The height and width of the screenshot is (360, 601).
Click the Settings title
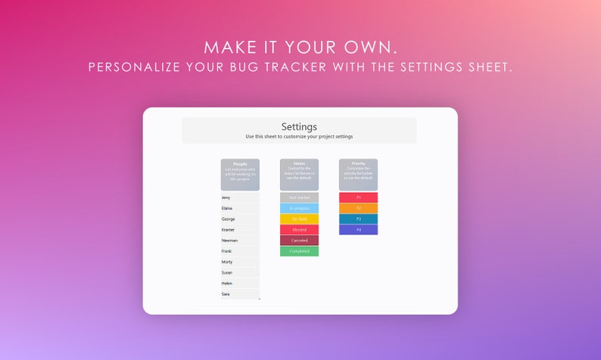pyautogui.click(x=299, y=126)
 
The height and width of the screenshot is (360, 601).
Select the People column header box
pyautogui.click(x=240, y=174)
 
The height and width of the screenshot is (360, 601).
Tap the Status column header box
pyautogui.click(x=299, y=174)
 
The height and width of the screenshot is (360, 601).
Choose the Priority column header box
pyautogui.click(x=358, y=174)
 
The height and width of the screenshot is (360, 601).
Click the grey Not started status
pyautogui.click(x=299, y=197)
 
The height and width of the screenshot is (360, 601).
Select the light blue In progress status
pyautogui.click(x=299, y=208)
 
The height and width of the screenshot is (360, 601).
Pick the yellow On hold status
pyautogui.click(x=299, y=219)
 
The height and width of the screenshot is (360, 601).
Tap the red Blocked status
pyautogui.click(x=299, y=229)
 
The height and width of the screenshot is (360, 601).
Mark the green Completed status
pyautogui.click(x=299, y=251)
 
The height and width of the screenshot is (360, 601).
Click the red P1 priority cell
pyautogui.click(x=358, y=197)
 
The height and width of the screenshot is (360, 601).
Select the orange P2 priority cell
pyautogui.click(x=358, y=208)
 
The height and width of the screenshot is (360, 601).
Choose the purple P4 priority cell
pyautogui.click(x=358, y=229)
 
